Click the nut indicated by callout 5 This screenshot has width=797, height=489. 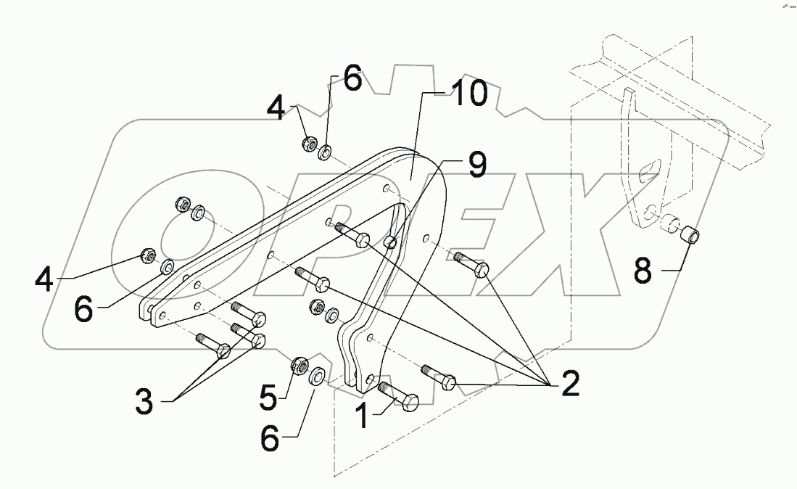298,367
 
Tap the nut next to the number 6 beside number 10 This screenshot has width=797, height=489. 307,144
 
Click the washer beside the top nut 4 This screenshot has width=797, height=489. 326,150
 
